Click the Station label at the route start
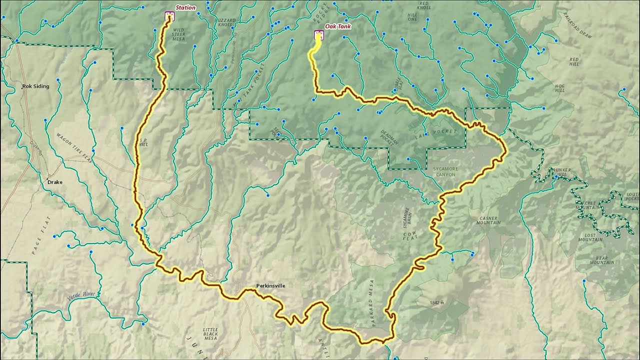tap(185, 7)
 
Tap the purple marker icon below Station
tap(169, 16)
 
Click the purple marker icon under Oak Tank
tap(317, 34)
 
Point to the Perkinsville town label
tap(270, 285)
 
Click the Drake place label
tap(54, 182)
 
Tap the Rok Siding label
tap(35, 86)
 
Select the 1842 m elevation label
tap(436, 302)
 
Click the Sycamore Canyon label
tap(444, 172)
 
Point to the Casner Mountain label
tap(489, 220)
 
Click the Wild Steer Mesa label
tap(178, 34)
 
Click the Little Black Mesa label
tap(210, 333)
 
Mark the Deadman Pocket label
tap(389, 137)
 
